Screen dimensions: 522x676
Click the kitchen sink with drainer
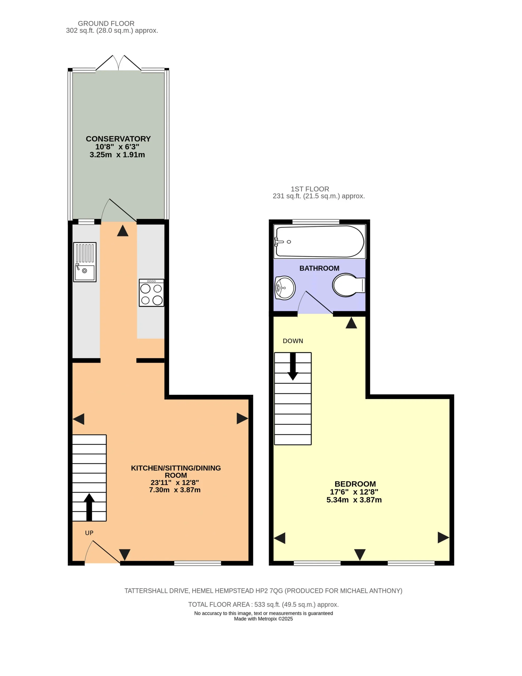pos(84,262)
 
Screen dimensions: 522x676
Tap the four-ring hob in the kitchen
pos(151,293)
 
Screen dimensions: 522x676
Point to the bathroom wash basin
pos(285,288)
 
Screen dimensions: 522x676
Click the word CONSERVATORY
pos(118,139)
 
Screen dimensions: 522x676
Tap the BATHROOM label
pos(319,268)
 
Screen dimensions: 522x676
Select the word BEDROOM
pos(355,484)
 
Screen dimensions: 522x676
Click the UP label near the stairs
pos(89,533)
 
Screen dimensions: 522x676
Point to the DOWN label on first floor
pos(293,341)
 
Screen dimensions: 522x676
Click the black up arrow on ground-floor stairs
pos(89,507)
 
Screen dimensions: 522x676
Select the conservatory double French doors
pos(119,63)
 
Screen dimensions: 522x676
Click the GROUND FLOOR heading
pos(106,24)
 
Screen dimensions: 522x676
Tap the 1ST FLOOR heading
pos(310,189)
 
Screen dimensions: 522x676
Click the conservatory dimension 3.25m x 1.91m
pos(117,155)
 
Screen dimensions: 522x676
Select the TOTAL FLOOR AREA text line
pos(263,604)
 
